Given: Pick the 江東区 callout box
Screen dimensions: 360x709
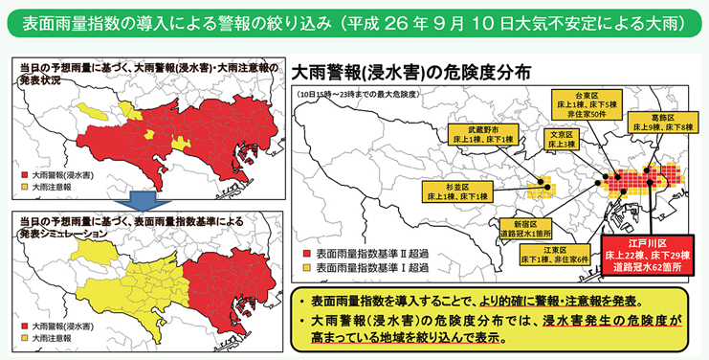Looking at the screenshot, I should tap(556, 255).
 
